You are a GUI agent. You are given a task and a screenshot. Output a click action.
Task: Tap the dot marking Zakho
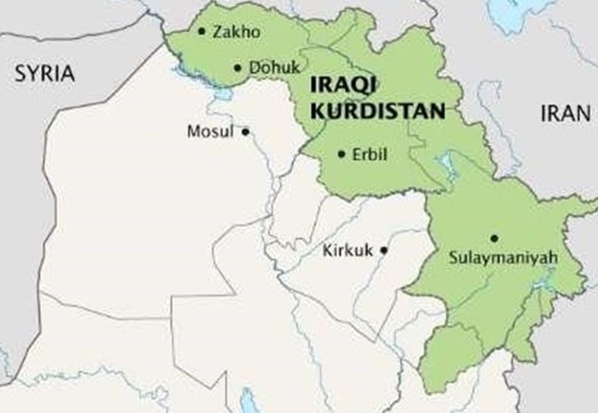(202, 31)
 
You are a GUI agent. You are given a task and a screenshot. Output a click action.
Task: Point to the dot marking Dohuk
(237, 67)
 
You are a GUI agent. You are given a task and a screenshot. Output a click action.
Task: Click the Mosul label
(210, 132)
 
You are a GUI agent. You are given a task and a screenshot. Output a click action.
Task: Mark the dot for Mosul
(245, 132)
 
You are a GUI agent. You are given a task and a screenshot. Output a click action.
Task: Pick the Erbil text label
(371, 154)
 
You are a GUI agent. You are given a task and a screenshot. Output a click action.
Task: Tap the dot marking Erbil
(342, 154)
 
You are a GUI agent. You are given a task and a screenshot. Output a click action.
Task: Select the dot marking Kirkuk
(384, 249)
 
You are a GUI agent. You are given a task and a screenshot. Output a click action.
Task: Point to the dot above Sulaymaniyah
(495, 238)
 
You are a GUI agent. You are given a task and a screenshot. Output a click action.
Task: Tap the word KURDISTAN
(377, 110)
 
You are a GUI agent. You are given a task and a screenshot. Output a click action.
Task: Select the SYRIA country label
(46, 74)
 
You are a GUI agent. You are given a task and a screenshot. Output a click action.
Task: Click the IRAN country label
(565, 114)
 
